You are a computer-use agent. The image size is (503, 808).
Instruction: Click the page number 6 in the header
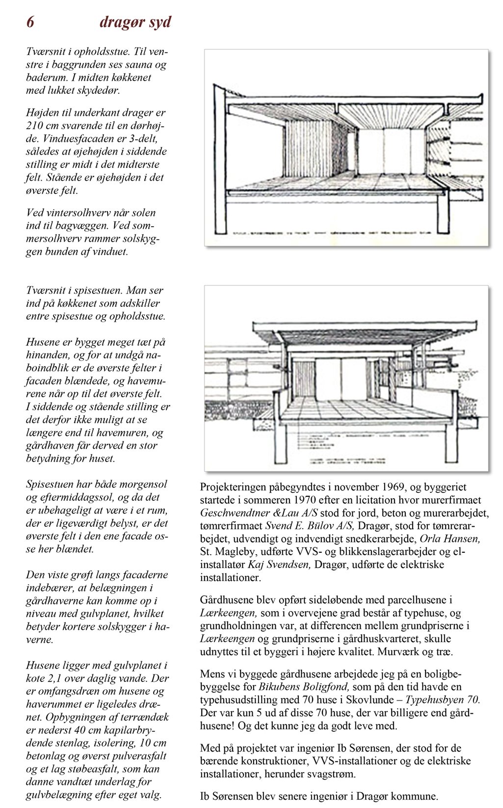30,23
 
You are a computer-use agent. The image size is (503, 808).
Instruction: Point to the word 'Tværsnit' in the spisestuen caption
45,291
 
